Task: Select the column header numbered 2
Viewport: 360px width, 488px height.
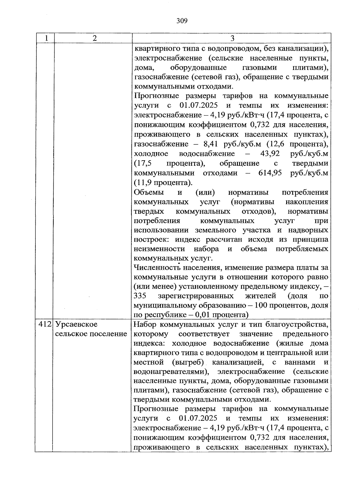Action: coord(94,38)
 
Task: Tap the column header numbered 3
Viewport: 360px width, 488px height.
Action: coord(232,38)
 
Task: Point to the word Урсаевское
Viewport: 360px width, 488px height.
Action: coord(76,324)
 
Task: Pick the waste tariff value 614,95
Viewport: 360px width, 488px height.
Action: coord(270,173)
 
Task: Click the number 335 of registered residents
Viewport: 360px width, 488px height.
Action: coord(140,296)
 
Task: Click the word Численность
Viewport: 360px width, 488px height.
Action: coord(156,267)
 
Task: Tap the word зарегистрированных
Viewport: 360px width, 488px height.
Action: coord(196,296)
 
